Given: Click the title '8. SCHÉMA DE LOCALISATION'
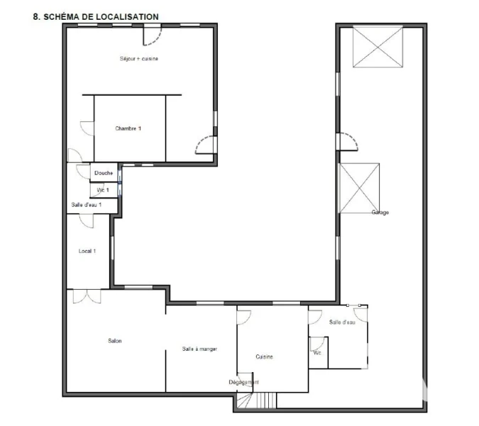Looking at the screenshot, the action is click(x=96, y=17).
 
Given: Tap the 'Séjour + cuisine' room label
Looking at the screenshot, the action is click(x=139, y=59).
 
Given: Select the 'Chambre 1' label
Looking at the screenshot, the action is click(x=128, y=129).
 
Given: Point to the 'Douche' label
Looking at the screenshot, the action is click(x=104, y=173).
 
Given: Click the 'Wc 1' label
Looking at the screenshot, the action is click(x=103, y=190).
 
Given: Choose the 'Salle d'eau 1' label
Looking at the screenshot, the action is click(x=87, y=204).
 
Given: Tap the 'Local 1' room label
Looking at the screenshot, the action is click(x=87, y=251).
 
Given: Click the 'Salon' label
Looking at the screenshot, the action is click(x=115, y=341).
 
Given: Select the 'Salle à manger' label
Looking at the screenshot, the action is click(x=199, y=349).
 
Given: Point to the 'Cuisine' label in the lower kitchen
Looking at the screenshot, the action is click(x=264, y=357).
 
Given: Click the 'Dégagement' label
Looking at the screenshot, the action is click(x=244, y=382).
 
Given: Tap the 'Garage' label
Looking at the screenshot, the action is click(x=380, y=212).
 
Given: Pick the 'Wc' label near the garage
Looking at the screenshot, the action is click(x=317, y=353).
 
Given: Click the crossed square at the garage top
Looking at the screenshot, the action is click(x=378, y=47).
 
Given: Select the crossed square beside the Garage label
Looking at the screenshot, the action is click(x=359, y=188).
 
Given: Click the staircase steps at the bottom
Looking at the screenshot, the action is click(x=266, y=400).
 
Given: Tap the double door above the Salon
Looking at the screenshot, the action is click(x=87, y=296).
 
